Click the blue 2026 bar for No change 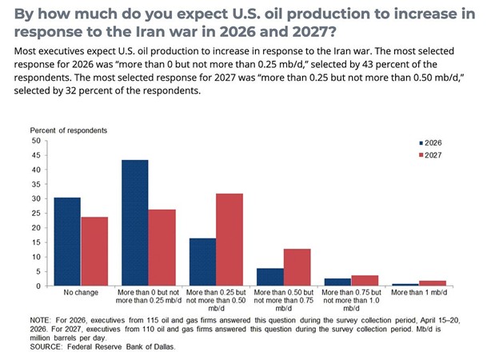[x=67, y=242]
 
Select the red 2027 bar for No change [x=94, y=251]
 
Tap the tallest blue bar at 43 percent [x=135, y=223]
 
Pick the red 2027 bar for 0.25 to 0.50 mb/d [x=230, y=240]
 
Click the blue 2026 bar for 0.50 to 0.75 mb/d [x=270, y=278]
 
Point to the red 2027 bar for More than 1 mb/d [x=433, y=283]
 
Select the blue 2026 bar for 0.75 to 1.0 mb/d [x=337, y=282]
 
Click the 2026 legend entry [x=430, y=143]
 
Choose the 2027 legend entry [x=430, y=155]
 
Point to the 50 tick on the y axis [x=36, y=141]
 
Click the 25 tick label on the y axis [x=36, y=214]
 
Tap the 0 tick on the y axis [x=38, y=286]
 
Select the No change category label [x=81, y=292]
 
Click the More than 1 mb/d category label [x=419, y=292]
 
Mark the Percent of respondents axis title [x=69, y=130]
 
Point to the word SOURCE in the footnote [x=46, y=346]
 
